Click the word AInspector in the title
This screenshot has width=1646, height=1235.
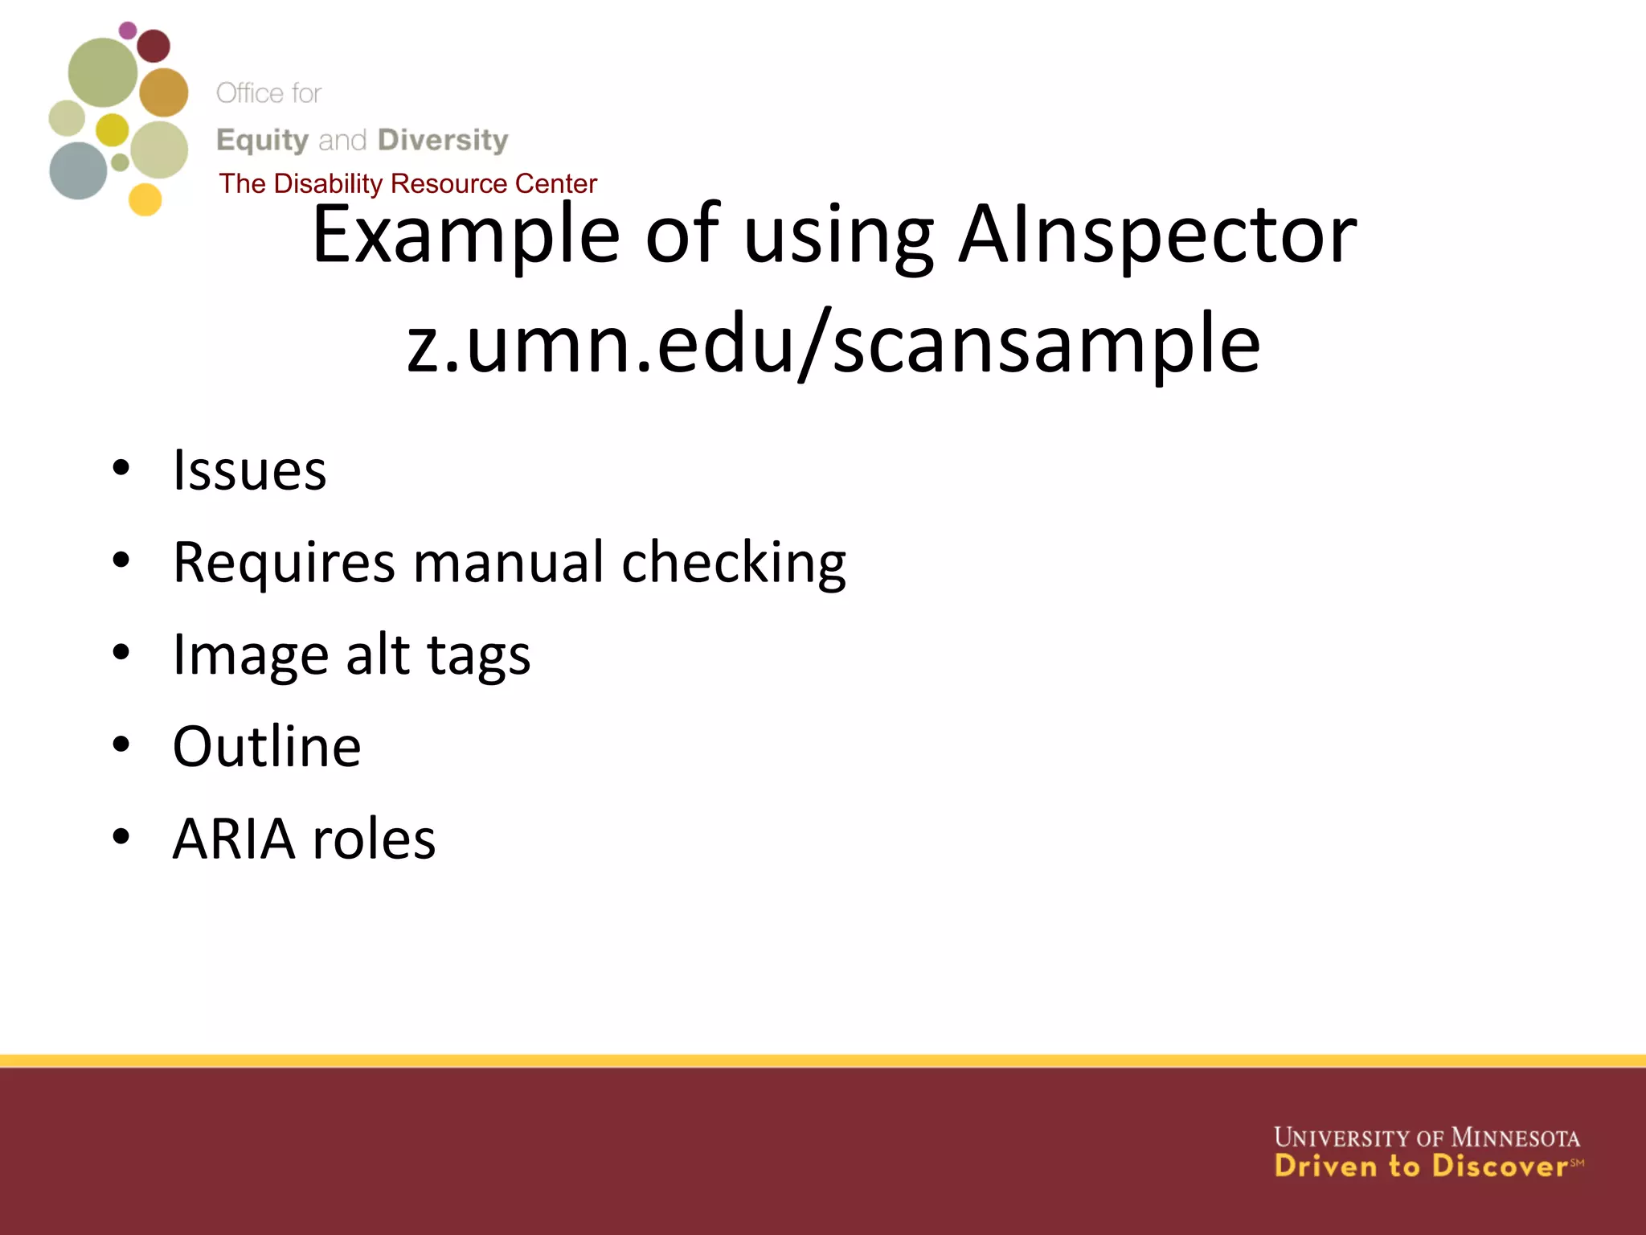pyautogui.click(x=1157, y=235)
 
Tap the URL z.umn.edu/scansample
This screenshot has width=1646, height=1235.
pyautogui.click(x=833, y=344)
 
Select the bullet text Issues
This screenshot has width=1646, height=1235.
pyautogui.click(x=250, y=470)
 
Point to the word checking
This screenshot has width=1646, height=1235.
pyautogui.click(x=734, y=564)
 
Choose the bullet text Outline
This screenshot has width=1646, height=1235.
pyautogui.click(x=267, y=747)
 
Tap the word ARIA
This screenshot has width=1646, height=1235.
pyautogui.click(x=234, y=839)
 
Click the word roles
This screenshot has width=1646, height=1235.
pyautogui.click(x=374, y=839)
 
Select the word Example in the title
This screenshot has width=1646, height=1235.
pyautogui.click(x=465, y=235)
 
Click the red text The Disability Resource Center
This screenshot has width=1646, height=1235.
pyautogui.click(x=408, y=184)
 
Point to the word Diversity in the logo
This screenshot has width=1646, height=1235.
pyautogui.click(x=443, y=140)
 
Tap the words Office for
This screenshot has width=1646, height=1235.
pyautogui.click(x=268, y=93)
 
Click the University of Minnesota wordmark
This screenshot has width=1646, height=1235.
pyautogui.click(x=1427, y=1138)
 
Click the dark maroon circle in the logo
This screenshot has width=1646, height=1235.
pyautogui.click(x=154, y=46)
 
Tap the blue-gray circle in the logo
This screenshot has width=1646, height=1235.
pyautogui.click(x=78, y=170)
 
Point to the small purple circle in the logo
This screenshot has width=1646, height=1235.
pyautogui.click(x=128, y=31)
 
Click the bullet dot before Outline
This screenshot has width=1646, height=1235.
pyautogui.click(x=121, y=745)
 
